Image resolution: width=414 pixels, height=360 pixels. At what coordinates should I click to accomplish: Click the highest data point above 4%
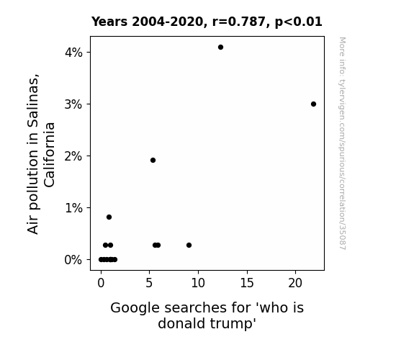point(220,48)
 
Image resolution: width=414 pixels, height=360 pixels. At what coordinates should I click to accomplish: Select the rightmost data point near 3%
point(313,104)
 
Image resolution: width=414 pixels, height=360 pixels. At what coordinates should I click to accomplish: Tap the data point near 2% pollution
point(153,160)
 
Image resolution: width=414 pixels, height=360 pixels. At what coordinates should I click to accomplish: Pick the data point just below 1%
point(109,217)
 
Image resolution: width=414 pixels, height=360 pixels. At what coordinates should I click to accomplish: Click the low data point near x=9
point(189,245)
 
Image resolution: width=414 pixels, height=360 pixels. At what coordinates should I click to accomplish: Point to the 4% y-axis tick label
point(73,53)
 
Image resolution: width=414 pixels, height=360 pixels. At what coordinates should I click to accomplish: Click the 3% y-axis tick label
point(73,104)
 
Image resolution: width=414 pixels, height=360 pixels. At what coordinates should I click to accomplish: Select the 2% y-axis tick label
point(73,156)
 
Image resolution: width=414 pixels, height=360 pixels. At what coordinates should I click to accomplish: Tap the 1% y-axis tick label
point(73,208)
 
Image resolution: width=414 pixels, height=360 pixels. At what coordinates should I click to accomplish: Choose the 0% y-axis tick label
point(73,260)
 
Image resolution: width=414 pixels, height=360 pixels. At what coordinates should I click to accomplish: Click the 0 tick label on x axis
point(101,283)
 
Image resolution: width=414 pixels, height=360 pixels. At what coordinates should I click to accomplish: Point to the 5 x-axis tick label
point(149,283)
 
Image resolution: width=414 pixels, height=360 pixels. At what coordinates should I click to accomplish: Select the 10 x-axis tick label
point(198,283)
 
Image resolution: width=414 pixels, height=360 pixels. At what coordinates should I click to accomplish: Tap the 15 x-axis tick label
point(247,283)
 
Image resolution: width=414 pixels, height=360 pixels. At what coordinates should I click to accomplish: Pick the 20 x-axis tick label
point(295,283)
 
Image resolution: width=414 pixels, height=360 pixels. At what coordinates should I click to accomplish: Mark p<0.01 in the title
point(299,22)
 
